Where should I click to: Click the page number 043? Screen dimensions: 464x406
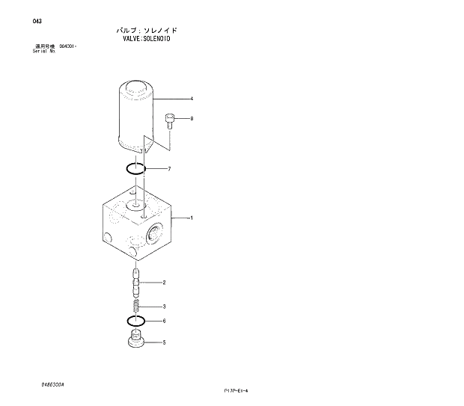(37, 21)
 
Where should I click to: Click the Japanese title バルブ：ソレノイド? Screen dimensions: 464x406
(147, 29)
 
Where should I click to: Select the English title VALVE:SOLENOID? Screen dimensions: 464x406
(147, 37)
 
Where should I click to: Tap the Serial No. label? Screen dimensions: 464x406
(44, 51)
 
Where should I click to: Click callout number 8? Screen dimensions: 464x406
(192, 118)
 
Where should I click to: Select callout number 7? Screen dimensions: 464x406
(169, 169)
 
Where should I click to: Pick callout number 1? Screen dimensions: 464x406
(192, 218)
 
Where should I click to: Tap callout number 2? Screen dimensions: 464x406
(164, 283)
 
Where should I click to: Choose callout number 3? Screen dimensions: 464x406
(164, 307)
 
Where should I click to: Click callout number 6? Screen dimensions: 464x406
(164, 322)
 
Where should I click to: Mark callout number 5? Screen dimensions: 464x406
(164, 343)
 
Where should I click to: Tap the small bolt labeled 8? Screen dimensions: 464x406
(170, 120)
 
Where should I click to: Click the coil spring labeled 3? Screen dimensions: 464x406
(135, 306)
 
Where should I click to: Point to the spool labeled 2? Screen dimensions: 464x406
(135, 283)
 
